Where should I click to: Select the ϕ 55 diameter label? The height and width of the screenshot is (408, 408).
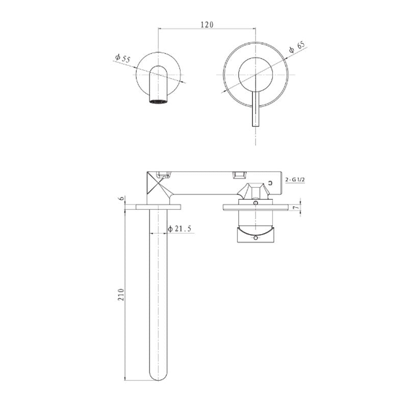[123, 59]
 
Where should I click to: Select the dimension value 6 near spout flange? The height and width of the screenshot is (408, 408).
[121, 198]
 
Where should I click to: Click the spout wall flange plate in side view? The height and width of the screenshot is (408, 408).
[159, 207]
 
